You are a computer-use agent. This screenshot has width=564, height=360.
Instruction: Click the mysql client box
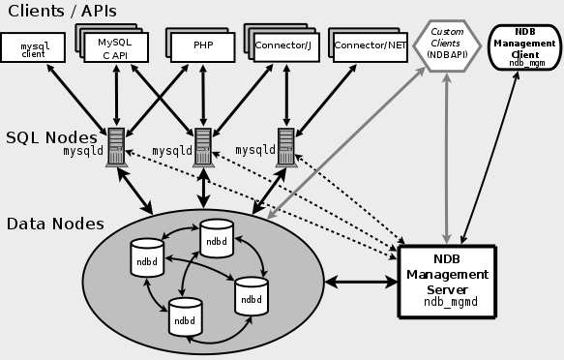tap(34, 47)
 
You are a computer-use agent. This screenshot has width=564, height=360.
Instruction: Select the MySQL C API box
tap(114, 47)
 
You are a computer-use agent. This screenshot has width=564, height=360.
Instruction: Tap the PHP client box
tap(202, 45)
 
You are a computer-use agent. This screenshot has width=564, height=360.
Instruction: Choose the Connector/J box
tap(284, 45)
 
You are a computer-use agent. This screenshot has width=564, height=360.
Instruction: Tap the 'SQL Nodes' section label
tap(49, 137)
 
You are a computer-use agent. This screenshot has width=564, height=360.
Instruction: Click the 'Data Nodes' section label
tap(55, 224)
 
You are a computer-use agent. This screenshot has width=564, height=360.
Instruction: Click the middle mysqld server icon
tap(203, 146)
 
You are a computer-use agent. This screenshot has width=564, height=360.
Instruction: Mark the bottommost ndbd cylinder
tap(184, 315)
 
